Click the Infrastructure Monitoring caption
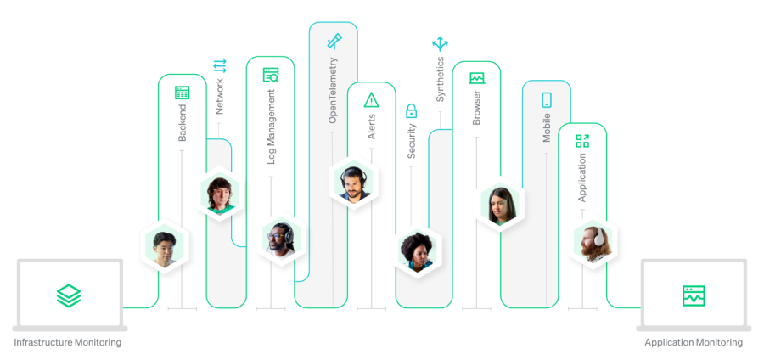[68, 343]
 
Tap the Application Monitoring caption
[694, 343]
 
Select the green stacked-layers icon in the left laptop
[69, 295]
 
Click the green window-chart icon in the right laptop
[694, 295]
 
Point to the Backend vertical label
[182, 124]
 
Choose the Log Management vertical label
[272, 134]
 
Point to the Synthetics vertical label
[440, 80]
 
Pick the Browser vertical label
[476, 107]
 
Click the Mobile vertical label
[547, 127]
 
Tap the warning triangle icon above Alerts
[371, 100]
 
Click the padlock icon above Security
[412, 110]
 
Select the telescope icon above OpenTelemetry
[334, 40]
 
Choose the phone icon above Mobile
[547, 100]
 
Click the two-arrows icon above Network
[220, 65]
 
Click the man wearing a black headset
[351, 183]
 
